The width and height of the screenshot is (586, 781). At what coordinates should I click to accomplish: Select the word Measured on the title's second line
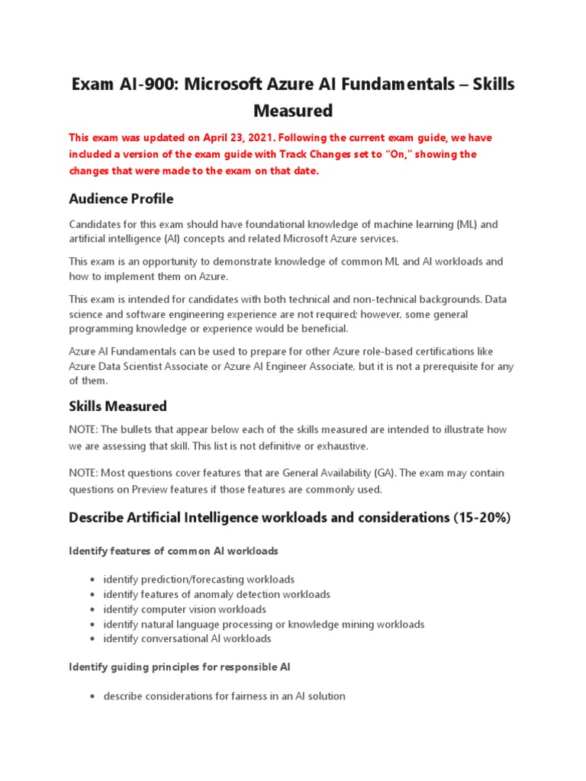(293, 111)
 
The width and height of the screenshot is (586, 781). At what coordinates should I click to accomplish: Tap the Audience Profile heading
(121, 198)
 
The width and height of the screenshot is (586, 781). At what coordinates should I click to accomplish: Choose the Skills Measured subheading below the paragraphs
(118, 406)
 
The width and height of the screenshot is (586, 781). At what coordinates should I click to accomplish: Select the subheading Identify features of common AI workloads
(173, 550)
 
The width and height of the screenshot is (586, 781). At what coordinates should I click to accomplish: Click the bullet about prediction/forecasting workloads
(198, 580)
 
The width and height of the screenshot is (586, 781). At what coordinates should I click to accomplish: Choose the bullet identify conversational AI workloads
(187, 638)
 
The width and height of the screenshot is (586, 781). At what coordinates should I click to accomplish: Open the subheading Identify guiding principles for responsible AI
(179, 667)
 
